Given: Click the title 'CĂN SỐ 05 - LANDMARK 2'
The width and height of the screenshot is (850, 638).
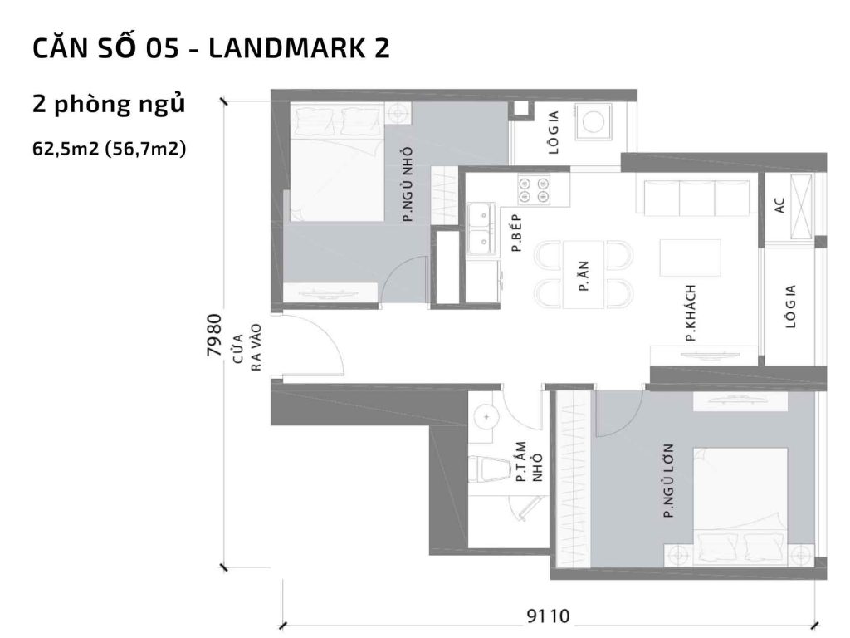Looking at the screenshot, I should (211, 49).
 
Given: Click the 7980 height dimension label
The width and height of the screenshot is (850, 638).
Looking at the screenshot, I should (213, 335).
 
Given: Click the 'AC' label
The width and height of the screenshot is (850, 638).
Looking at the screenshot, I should (780, 205).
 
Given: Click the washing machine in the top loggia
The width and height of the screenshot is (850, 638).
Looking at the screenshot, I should (594, 120).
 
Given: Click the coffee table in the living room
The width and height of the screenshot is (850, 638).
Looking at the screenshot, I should (691, 258).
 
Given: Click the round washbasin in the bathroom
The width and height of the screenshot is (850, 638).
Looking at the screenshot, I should (486, 413).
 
